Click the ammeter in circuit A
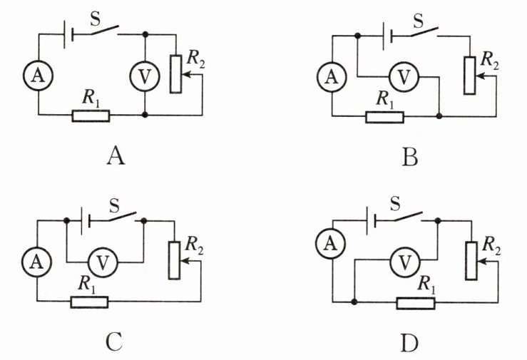[38, 76]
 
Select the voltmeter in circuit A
[145, 76]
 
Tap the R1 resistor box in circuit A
[91, 116]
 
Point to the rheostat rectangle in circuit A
[175, 74]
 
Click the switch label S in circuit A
[96, 19]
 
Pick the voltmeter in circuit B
[404, 77]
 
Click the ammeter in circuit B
[332, 77]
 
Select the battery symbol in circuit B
[387, 36]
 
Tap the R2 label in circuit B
[490, 60]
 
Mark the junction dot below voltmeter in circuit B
[439, 116]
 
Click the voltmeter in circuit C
[103, 262]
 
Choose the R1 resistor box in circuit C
[89, 302]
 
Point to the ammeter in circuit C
[36, 262]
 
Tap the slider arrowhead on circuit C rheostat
[184, 261]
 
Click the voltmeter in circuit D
[405, 262]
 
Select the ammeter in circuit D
[331, 244]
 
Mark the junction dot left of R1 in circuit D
[354, 302]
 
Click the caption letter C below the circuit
[114, 343]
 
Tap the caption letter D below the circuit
[410, 343]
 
